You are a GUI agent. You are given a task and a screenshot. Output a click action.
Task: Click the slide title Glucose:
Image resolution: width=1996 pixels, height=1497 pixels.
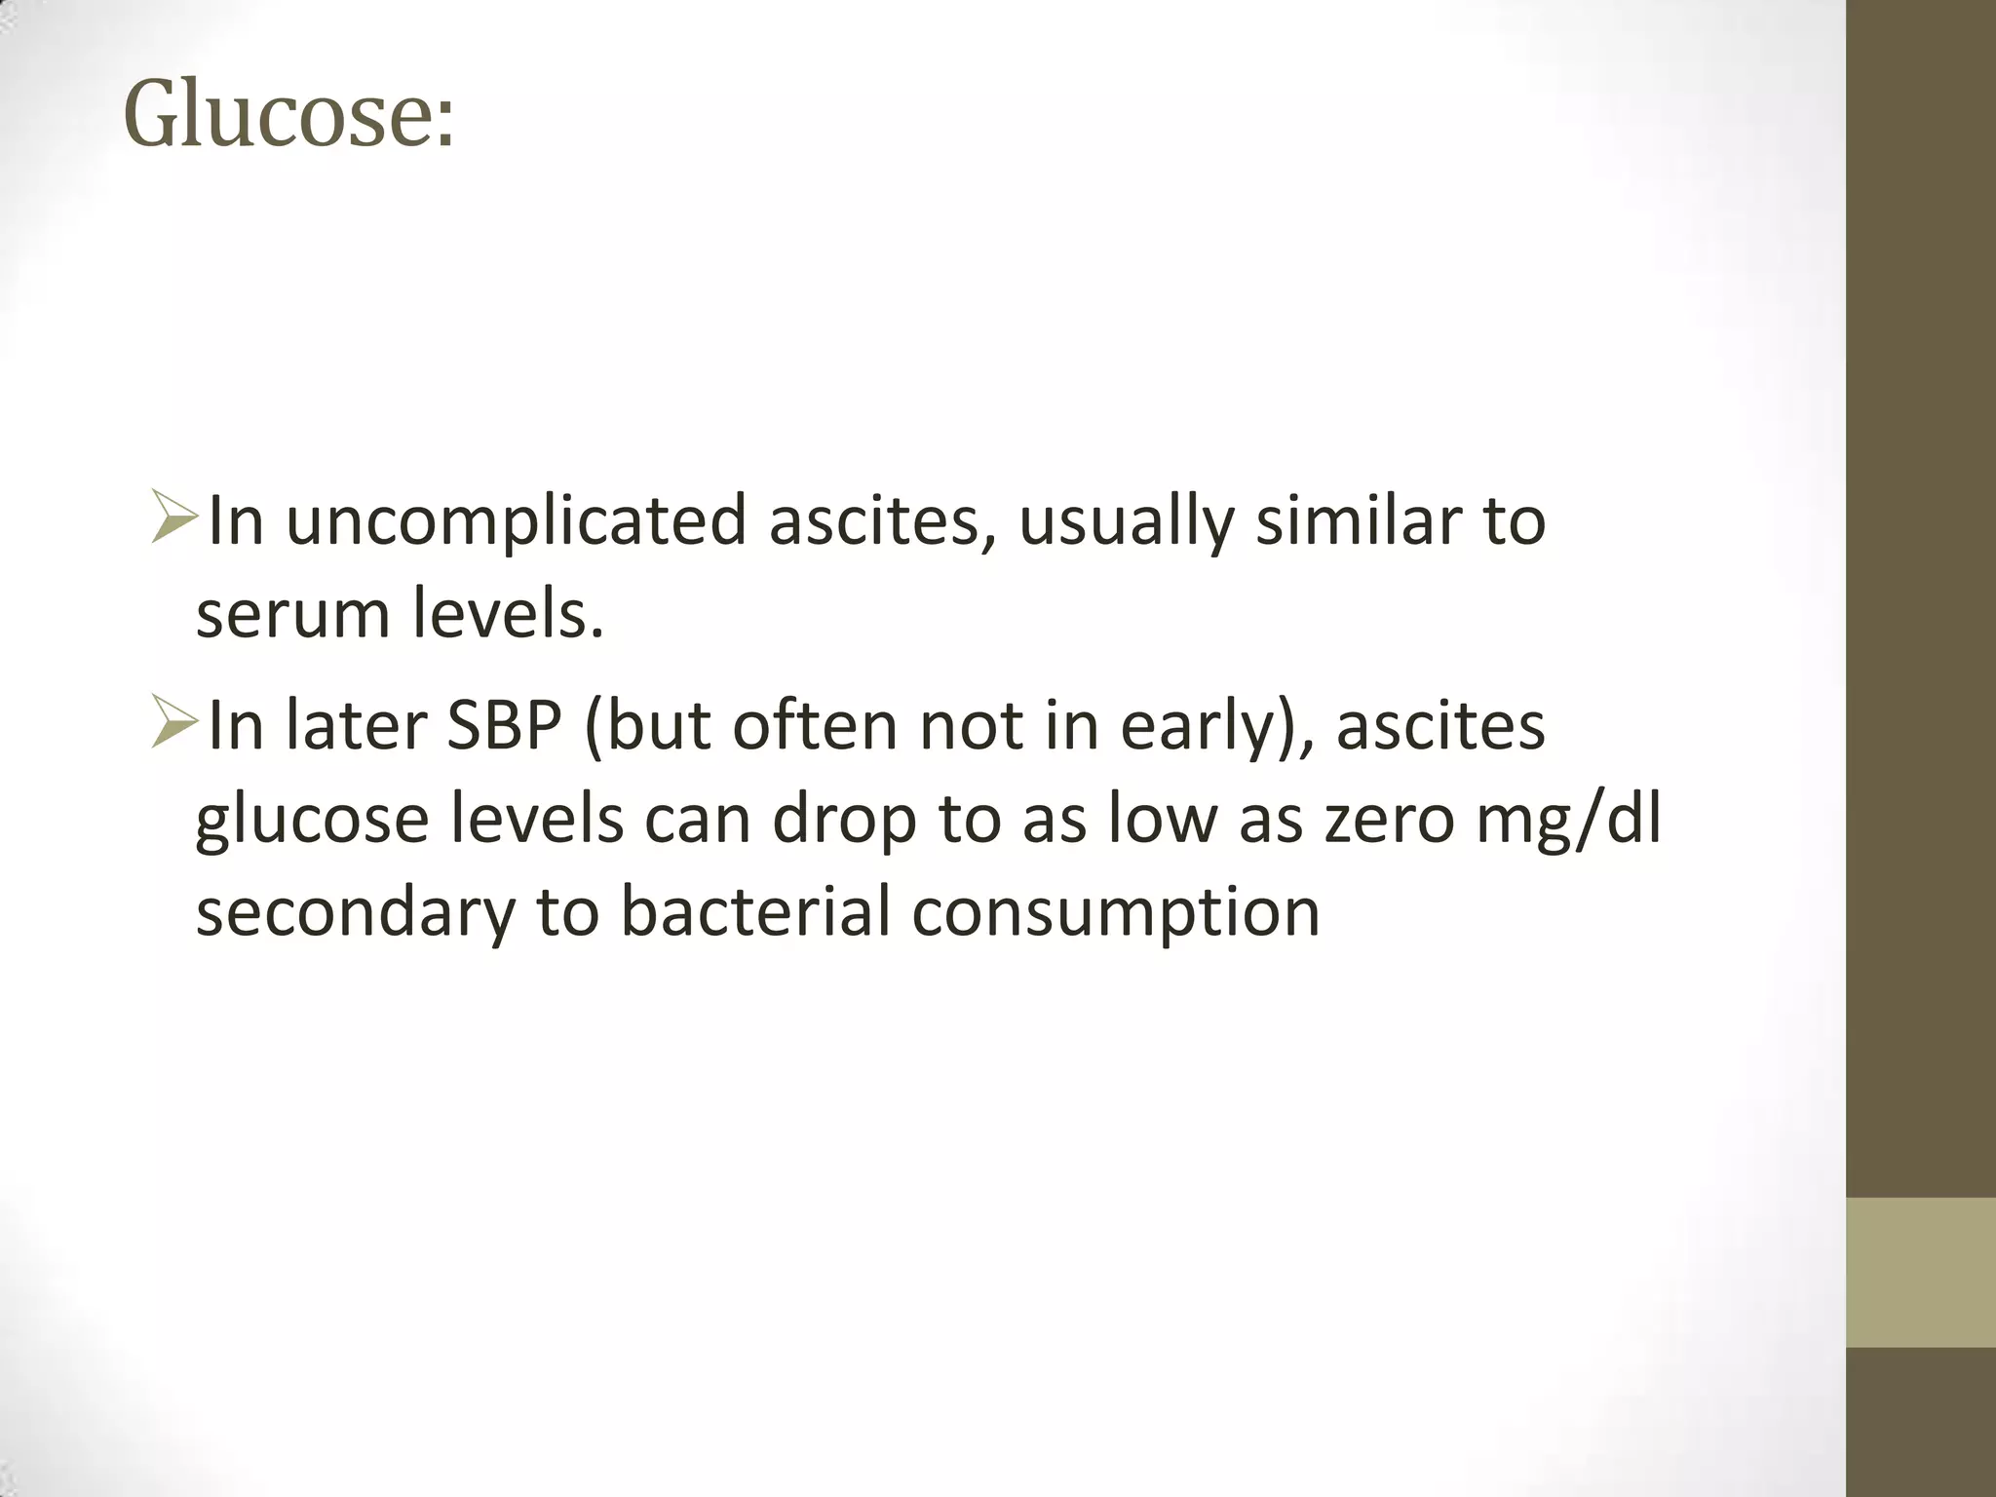[x=288, y=116]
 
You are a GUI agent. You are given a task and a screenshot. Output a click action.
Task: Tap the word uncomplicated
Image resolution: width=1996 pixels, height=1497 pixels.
[x=517, y=522]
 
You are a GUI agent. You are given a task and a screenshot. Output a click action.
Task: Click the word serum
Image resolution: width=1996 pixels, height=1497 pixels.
[x=293, y=616]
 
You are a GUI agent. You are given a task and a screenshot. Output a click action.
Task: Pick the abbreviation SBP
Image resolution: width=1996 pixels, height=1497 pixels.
[x=505, y=726]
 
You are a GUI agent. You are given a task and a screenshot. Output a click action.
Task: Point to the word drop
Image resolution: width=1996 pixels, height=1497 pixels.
[x=844, y=820]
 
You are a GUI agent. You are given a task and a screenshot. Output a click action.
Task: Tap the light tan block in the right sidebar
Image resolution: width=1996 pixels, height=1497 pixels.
[x=1920, y=1272]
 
